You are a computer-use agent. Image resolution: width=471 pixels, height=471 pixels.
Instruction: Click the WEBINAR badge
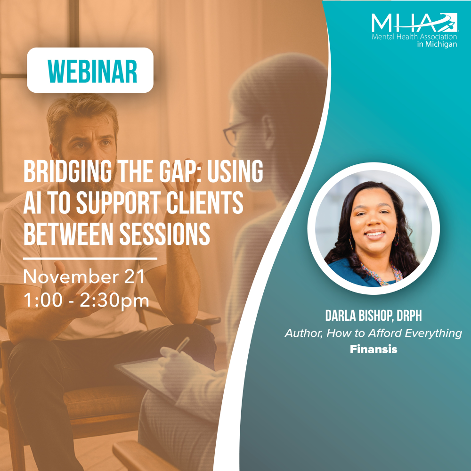click(90, 70)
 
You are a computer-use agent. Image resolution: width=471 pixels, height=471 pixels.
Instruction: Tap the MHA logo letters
click(414, 23)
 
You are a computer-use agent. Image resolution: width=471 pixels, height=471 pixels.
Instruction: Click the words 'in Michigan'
click(437, 44)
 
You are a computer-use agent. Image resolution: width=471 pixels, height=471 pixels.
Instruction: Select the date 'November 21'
click(84, 277)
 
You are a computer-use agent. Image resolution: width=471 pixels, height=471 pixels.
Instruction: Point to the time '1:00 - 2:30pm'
click(86, 300)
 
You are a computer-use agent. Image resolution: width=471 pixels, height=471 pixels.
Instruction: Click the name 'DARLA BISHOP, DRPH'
click(374, 316)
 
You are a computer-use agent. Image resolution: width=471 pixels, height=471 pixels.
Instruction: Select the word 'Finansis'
click(374, 349)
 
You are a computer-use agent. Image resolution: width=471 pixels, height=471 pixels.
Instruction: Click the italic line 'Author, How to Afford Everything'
click(374, 333)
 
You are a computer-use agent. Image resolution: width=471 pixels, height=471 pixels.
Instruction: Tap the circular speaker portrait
click(374, 228)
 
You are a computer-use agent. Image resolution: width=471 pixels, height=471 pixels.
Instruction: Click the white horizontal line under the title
click(90, 258)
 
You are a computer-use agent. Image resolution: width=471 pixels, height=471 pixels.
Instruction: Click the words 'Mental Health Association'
click(414, 37)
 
